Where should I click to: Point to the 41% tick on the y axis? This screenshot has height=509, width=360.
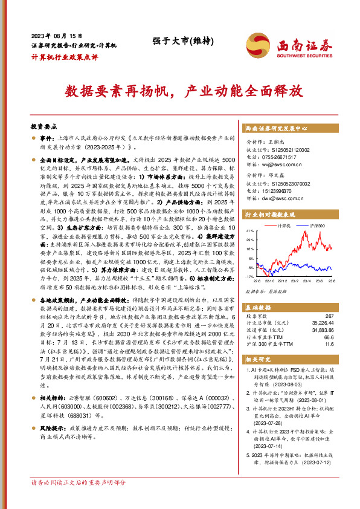coord(250,231)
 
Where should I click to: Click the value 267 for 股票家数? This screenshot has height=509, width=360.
coord(346,316)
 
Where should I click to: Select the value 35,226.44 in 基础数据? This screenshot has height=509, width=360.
coord(339,323)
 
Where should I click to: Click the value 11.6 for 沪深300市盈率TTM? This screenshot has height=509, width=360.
coord(346,344)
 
